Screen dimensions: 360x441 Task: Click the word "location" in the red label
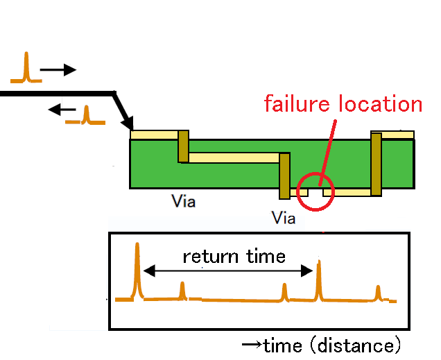coord(380,104)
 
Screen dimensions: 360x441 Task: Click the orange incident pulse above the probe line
coord(26,68)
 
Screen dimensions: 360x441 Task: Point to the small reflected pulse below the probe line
coord(85,115)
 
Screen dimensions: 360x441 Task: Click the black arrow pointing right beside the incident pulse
coord(58,69)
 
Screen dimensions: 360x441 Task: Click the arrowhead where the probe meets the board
coord(128,124)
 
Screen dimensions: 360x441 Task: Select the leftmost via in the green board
coord(184,146)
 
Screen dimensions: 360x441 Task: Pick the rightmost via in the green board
coord(376,164)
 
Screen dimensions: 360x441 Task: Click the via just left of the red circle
coord(284,176)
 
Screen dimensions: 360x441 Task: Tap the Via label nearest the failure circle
coord(284,218)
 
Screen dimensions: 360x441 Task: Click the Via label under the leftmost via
coord(183,202)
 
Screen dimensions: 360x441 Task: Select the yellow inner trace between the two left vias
coord(233,158)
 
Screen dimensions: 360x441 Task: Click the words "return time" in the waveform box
coord(234,257)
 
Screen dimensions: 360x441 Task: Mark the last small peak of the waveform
coord(378,293)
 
